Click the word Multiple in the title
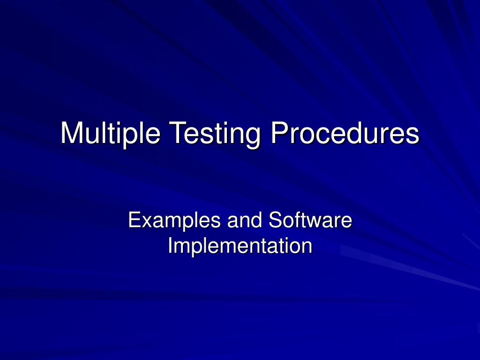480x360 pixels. coord(111,133)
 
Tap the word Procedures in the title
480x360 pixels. coord(345,133)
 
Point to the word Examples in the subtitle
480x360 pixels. coord(175,221)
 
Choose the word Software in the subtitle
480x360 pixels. coord(310,221)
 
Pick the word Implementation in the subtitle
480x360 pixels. coord(240,246)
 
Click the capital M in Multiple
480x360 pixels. coord(71,133)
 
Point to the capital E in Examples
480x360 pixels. coord(135,221)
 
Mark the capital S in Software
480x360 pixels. coord(276,221)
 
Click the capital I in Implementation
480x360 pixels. coord(170,246)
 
